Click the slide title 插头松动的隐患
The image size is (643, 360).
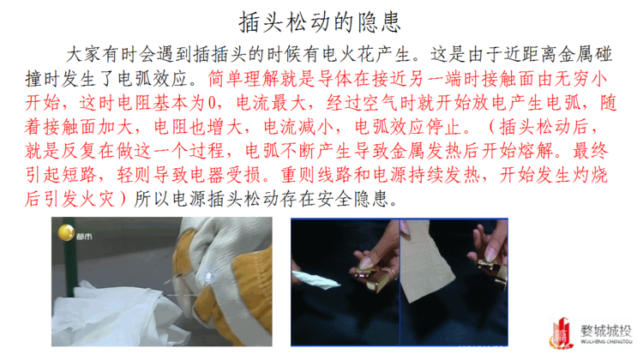320,21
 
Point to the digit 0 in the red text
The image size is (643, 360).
212,103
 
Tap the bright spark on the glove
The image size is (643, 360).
209,276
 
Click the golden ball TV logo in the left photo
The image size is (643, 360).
66,232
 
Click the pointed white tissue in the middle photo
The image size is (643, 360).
315,279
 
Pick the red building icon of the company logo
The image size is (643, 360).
561,333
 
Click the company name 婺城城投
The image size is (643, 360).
605,331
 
